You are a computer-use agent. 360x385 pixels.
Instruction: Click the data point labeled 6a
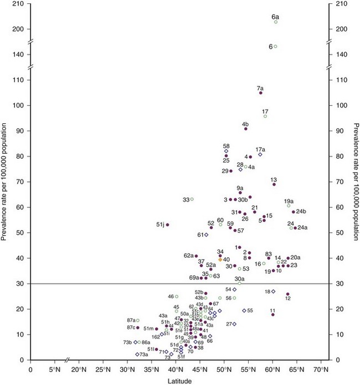(276, 22)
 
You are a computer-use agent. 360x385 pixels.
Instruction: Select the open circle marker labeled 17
(265, 117)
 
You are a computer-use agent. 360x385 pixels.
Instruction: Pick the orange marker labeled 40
(220, 259)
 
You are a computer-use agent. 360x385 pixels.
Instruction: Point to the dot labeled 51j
(167, 225)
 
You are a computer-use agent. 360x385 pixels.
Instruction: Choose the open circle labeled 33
(192, 199)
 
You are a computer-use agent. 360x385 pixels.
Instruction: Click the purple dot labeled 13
(274, 184)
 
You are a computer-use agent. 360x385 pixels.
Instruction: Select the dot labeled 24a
(296, 227)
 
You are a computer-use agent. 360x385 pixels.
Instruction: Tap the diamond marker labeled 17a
(260, 154)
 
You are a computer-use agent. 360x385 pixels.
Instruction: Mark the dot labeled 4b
(246, 128)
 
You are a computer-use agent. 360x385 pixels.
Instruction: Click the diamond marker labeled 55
(244, 310)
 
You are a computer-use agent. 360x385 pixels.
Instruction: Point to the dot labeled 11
(272, 315)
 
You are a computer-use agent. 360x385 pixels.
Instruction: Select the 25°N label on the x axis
(104, 368)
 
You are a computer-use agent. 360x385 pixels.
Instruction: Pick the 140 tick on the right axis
(335, 54)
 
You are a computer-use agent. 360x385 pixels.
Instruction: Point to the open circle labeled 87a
(138, 320)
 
